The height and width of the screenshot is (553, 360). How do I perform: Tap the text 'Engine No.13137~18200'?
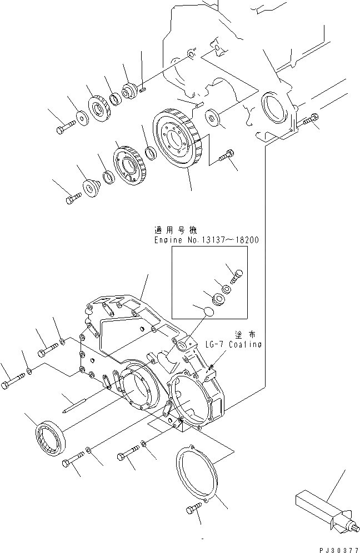(207, 240)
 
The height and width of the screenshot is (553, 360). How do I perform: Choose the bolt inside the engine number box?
(236, 274)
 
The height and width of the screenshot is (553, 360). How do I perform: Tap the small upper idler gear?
(98, 109)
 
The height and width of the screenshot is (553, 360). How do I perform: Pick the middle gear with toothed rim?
(129, 164)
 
